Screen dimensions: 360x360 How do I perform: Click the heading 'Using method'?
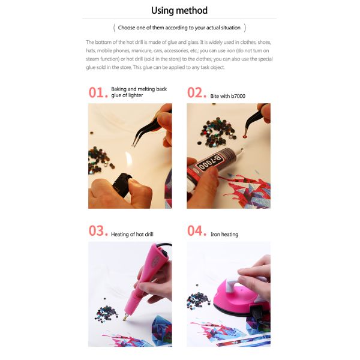179,11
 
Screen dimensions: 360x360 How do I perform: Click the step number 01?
98,92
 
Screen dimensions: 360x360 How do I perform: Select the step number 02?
197,92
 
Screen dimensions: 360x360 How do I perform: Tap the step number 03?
98,231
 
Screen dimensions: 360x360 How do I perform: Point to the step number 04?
197,231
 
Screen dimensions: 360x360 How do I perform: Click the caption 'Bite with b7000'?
228,96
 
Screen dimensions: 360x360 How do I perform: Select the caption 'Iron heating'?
224,234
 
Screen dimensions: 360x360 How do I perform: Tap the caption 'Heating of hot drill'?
132,234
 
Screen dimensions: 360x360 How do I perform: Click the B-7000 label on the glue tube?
210,163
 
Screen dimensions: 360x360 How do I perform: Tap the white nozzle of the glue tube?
239,152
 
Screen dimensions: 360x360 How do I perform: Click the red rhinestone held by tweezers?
245,137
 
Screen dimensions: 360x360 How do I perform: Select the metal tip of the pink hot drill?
125,317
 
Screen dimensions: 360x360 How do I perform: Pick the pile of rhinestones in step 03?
106,313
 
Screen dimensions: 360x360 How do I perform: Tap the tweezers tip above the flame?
133,145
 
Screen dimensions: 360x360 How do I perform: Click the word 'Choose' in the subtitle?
126,28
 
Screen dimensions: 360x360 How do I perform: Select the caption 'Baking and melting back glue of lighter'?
139,92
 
